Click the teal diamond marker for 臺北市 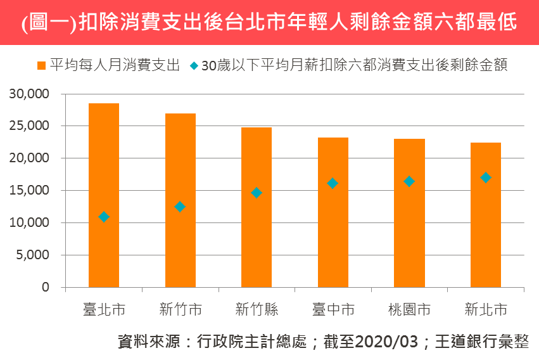point(104,217)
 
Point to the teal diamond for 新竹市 point(181,207)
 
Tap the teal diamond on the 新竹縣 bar point(257,193)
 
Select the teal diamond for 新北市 point(486,177)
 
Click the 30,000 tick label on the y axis point(29,94)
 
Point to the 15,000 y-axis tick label point(29,191)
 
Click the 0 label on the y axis point(46,288)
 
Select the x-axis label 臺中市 point(333,310)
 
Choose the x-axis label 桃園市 point(409,310)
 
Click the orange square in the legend point(41,65)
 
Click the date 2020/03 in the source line point(387,342)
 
